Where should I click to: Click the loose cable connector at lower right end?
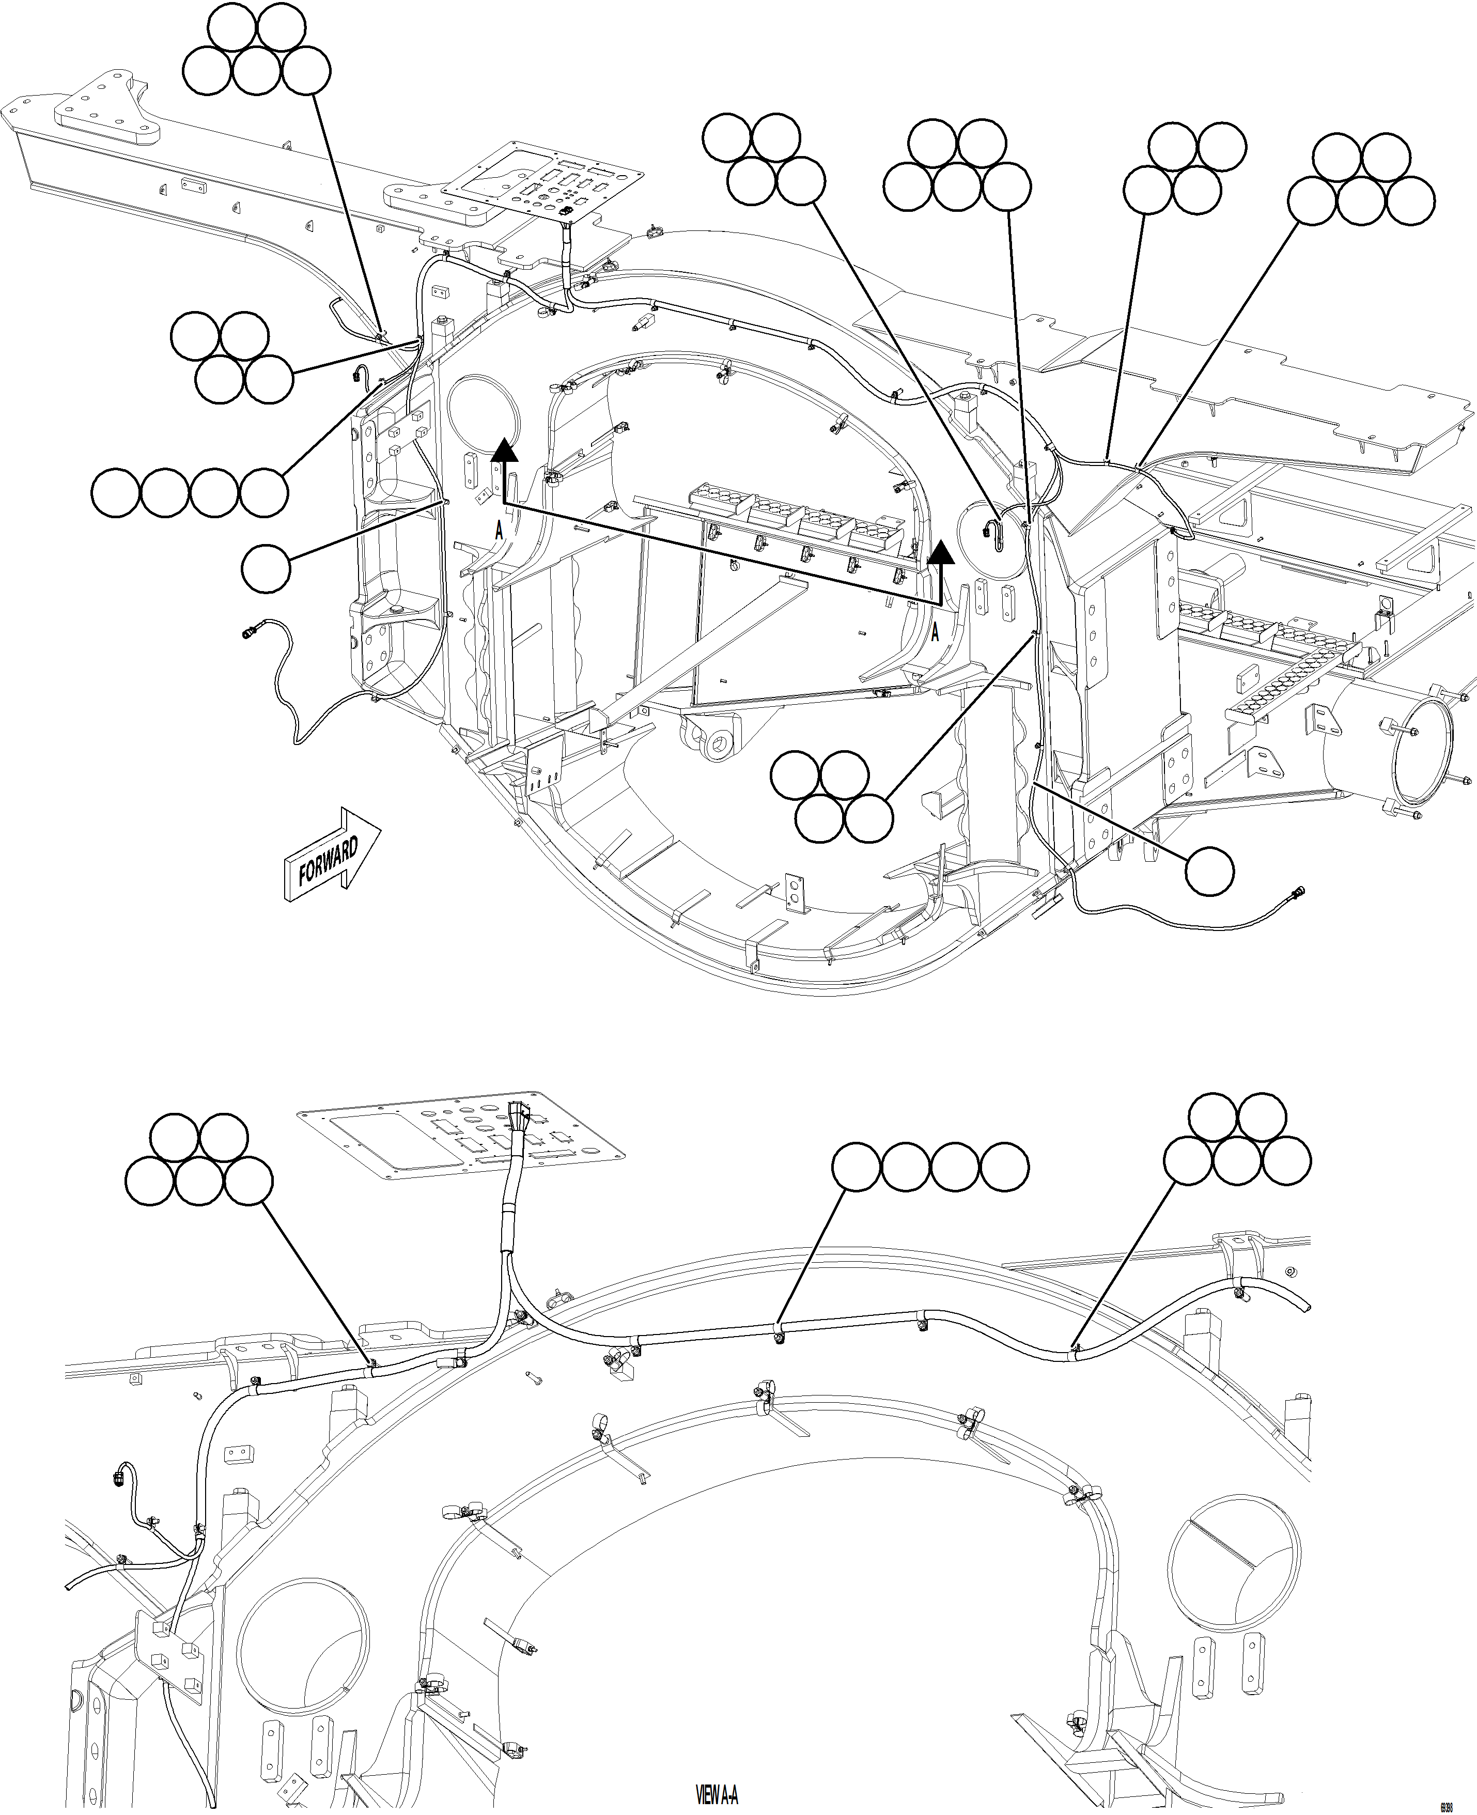pos(1298,893)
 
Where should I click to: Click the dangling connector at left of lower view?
pos(119,1477)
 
